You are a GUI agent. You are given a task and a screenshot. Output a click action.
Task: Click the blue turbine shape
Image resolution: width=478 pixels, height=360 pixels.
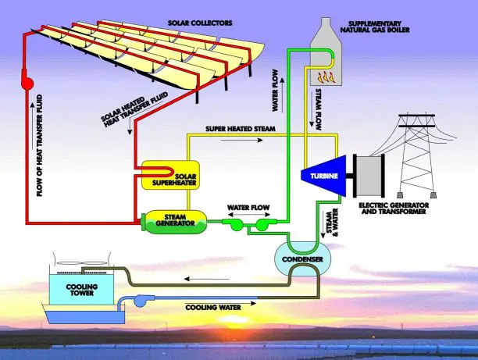[x=324, y=176]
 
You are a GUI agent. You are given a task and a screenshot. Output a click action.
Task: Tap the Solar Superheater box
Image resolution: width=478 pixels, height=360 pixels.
[x=171, y=175]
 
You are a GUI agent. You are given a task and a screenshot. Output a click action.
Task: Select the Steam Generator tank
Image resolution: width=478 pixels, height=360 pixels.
[x=174, y=222]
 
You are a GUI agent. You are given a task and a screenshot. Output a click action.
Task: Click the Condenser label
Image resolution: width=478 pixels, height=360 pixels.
[x=302, y=259]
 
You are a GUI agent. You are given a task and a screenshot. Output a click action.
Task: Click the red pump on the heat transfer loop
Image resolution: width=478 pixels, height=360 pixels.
[x=27, y=80]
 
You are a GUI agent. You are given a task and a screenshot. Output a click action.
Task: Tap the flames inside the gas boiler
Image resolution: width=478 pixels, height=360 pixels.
[x=326, y=77]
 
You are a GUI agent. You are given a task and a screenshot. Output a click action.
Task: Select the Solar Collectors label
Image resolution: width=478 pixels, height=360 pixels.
[x=200, y=23]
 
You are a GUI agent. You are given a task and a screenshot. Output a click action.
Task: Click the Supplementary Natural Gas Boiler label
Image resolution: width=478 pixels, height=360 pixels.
[x=375, y=27]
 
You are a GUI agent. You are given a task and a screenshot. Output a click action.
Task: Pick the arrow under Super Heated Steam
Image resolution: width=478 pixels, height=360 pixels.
[x=241, y=140]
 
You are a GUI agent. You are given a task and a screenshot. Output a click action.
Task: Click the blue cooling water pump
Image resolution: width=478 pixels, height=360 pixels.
[x=140, y=301]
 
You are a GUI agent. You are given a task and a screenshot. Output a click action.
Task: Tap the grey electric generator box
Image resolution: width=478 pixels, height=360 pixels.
[x=369, y=176]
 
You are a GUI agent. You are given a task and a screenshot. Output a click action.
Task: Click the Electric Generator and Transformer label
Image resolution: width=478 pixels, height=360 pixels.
[x=394, y=209]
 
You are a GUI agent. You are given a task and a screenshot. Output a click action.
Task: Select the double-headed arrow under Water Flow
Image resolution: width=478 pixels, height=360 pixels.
[x=248, y=215]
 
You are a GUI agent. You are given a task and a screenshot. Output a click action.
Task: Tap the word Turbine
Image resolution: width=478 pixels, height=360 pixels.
[x=324, y=176]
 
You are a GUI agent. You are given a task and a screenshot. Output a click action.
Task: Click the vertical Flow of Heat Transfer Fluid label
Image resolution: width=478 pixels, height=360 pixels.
[x=40, y=145]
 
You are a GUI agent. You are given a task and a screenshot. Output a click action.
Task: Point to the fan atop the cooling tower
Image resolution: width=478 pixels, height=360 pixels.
[x=82, y=262]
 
